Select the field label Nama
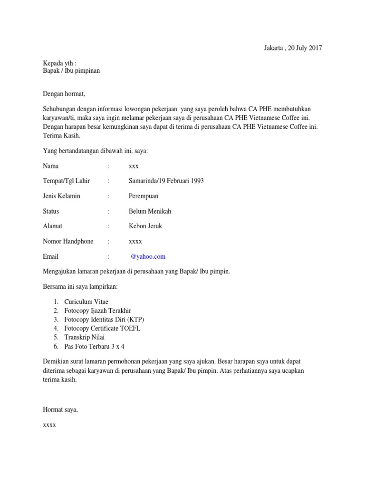click(x=51, y=166)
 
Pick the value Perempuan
click(x=144, y=196)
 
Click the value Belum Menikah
click(x=150, y=211)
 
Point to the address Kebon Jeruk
click(x=145, y=226)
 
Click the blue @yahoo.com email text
click(x=148, y=256)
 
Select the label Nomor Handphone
click(x=68, y=241)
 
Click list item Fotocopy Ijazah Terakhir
click(x=97, y=311)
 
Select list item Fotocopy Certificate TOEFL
click(x=102, y=329)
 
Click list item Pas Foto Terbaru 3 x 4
click(x=95, y=346)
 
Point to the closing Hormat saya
click(x=60, y=409)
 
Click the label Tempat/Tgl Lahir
click(x=66, y=181)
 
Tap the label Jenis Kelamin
click(x=61, y=196)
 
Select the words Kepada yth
click(x=58, y=63)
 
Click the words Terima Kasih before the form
click(x=62, y=136)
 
